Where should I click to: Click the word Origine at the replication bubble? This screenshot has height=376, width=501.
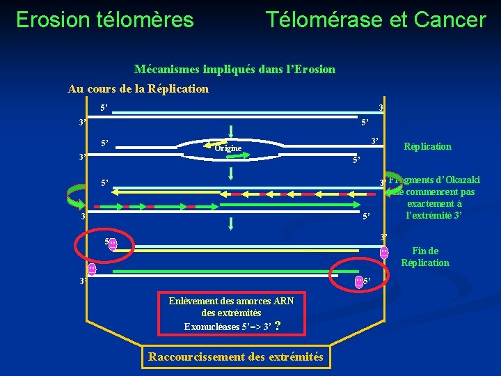(228, 148)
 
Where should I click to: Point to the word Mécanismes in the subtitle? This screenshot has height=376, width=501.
(166, 69)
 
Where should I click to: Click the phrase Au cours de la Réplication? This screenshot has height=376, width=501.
(138, 88)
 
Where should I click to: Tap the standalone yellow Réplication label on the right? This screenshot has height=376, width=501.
(427, 146)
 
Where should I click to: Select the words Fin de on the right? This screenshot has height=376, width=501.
(425, 251)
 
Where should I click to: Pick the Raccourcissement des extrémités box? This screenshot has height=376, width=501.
(236, 357)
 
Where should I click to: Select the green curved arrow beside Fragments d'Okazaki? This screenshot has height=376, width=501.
(395, 185)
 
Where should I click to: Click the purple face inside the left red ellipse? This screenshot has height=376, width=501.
(113, 244)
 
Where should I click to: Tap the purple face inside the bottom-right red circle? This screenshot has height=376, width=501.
(359, 282)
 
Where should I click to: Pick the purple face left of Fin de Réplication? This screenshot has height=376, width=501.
(384, 253)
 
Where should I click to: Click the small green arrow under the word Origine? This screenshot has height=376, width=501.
(230, 157)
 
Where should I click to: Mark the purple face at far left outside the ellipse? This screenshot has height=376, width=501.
(91, 269)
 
